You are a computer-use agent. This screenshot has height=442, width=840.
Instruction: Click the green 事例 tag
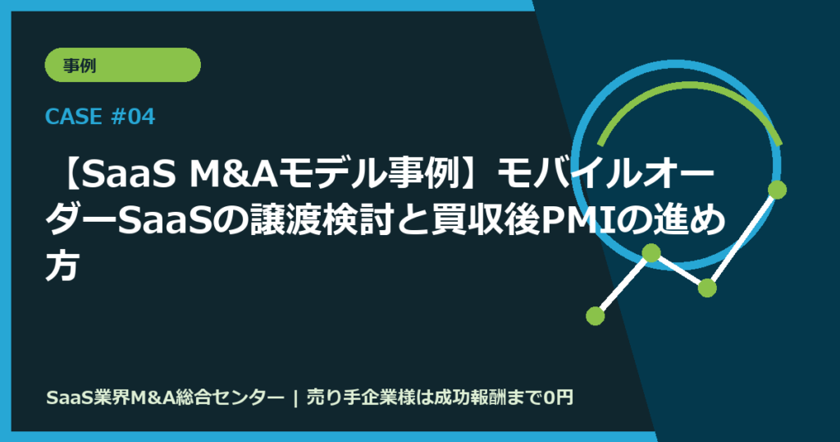click(122, 65)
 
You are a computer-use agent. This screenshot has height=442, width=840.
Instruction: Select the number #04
click(131, 117)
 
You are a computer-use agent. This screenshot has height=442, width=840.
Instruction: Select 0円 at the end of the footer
click(558, 398)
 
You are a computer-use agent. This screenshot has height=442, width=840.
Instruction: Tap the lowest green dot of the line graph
click(596, 315)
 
